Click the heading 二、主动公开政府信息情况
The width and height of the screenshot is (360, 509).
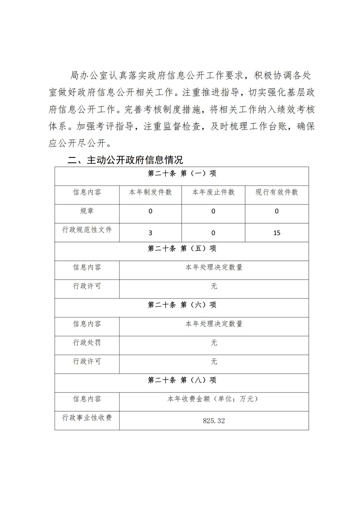125,160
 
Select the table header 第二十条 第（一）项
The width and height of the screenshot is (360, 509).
182,173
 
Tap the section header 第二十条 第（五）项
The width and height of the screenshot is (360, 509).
182,248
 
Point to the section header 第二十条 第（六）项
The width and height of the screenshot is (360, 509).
182,305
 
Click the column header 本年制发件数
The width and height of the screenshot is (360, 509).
150,192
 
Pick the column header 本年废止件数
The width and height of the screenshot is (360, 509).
214,192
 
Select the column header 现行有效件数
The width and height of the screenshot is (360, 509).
277,192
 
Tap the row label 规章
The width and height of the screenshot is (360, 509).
87,211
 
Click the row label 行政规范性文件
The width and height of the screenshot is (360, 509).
87,230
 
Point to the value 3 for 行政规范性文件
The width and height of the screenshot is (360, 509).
150,232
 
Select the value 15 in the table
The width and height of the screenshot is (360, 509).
277,232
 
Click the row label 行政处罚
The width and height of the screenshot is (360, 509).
87,343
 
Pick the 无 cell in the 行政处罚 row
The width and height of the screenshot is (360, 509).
214,343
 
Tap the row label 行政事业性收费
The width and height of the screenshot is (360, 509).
87,418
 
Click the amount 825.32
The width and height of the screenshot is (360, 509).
214,421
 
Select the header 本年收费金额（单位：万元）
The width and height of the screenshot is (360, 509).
214,399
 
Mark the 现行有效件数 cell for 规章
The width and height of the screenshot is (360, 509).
277,211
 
